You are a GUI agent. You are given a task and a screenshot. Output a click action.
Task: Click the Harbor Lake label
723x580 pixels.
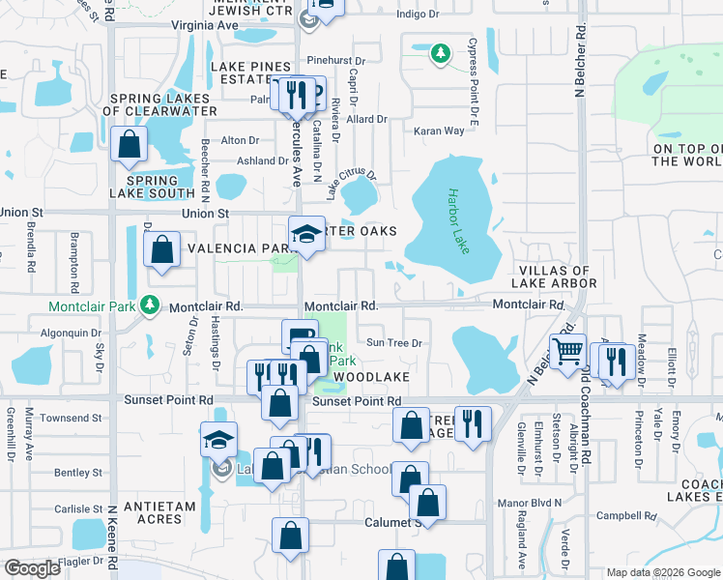tap(458, 221)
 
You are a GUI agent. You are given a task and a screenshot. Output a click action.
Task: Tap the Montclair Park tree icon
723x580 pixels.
tap(149, 305)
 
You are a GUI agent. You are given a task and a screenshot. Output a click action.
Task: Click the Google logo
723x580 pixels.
tap(32, 568)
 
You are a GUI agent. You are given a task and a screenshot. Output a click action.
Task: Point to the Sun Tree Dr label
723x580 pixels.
tap(395, 342)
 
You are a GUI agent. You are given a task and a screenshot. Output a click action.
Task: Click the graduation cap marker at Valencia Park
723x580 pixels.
tap(306, 235)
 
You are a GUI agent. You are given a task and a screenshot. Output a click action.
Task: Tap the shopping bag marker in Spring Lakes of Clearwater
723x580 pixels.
tap(129, 145)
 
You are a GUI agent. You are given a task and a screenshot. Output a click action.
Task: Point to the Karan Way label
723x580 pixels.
tap(439, 130)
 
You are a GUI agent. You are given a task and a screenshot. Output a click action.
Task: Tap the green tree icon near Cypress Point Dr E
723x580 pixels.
tap(441, 52)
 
